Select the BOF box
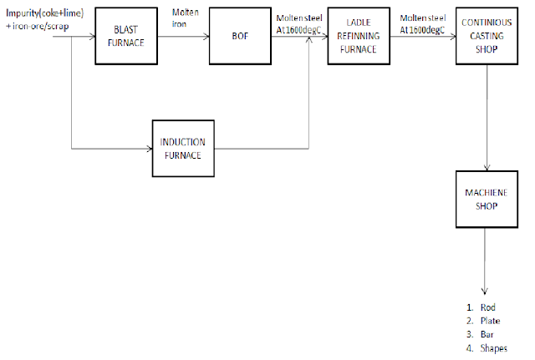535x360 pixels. coord(242,37)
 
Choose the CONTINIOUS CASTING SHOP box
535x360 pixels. coord(487,37)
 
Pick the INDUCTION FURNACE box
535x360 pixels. coord(182,147)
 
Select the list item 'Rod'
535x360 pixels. coord(488,307)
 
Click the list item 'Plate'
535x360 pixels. coord(489,321)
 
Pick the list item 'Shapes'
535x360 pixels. coord(493,348)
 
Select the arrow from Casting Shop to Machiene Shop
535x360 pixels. coord(487,117)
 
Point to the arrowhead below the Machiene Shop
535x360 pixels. coord(486,287)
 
